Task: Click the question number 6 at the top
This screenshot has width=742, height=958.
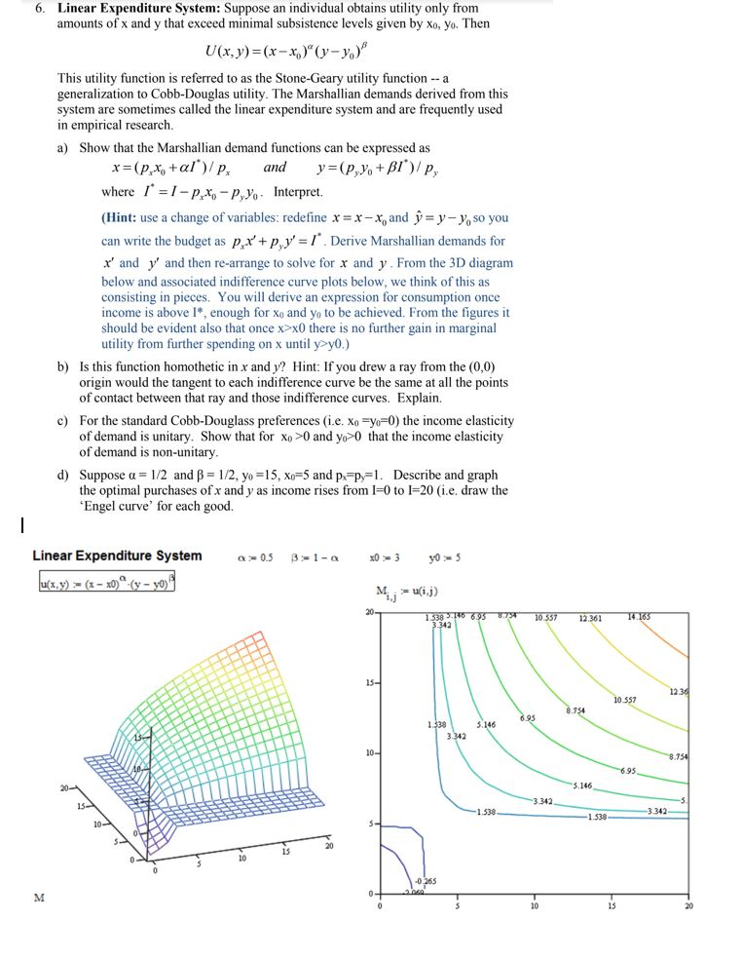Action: point(39,8)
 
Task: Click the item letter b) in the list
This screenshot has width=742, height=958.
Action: point(63,366)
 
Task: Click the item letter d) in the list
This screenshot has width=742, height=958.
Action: point(63,476)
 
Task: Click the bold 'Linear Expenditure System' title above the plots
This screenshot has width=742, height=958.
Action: point(117,556)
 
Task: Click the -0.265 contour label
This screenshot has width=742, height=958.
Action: point(426,881)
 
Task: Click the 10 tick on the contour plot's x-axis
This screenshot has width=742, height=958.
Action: point(534,905)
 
